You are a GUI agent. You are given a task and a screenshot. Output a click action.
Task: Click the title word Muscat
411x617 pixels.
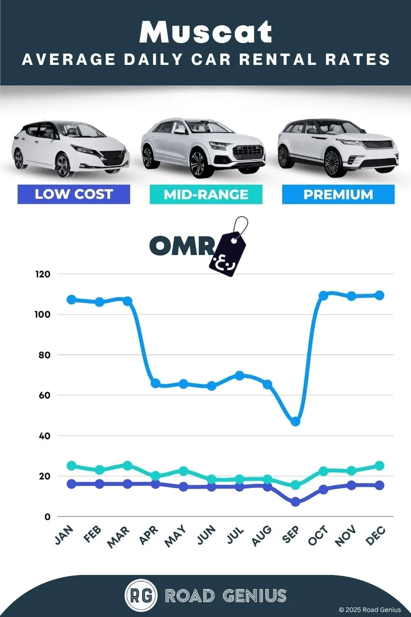tap(206, 32)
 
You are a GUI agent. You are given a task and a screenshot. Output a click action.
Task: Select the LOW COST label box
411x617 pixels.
tap(74, 194)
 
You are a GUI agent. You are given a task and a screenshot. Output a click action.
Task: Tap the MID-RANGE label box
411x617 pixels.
tap(206, 194)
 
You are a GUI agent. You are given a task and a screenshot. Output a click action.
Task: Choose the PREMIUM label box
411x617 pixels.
tap(338, 194)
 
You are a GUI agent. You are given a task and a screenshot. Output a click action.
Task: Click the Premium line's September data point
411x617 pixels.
tap(295, 421)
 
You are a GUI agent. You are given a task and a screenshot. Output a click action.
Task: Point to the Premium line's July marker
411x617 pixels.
tap(239, 375)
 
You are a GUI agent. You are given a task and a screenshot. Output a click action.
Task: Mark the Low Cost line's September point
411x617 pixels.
tap(295, 502)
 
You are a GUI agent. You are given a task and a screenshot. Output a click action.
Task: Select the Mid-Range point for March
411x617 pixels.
tap(127, 466)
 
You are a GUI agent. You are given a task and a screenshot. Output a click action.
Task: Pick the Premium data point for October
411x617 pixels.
tap(323, 296)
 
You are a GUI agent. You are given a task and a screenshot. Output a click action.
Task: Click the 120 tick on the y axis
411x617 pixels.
tap(42, 274)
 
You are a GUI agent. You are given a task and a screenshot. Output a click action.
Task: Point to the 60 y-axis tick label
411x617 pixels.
tap(44, 395)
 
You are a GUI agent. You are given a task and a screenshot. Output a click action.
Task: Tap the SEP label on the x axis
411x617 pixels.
tap(291, 534)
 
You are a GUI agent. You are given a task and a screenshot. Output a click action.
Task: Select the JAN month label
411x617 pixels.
tap(64, 535)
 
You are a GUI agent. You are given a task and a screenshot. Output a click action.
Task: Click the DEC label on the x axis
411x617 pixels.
tap(375, 535)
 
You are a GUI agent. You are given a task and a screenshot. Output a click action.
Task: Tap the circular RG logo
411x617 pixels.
tap(141, 596)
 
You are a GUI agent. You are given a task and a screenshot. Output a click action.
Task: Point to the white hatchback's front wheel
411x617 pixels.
tap(63, 165)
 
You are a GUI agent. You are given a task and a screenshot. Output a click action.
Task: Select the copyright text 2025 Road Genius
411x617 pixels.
tap(370, 610)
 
